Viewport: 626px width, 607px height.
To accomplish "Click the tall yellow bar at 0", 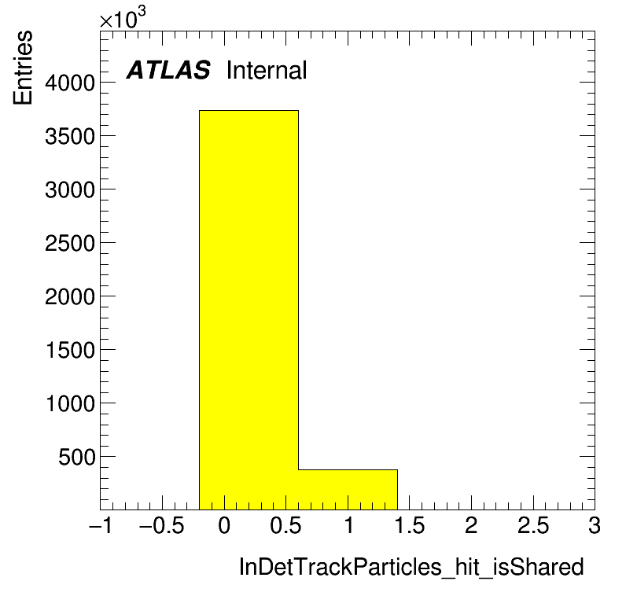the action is [249, 310].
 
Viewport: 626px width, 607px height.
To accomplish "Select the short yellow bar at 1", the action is [348, 490].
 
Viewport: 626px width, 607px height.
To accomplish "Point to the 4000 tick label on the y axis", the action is [70, 83].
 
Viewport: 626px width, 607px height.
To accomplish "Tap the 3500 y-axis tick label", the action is [70, 137].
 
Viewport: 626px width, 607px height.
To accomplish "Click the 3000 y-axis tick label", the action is [70, 190].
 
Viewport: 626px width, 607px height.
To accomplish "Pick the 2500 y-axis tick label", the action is [70, 243].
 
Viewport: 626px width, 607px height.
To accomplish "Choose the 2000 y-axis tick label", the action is [70, 296].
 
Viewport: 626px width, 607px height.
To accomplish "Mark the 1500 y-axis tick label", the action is [70, 350].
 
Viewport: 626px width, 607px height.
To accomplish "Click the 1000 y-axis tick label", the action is [70, 403].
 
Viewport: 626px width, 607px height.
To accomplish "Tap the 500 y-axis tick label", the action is [76, 457].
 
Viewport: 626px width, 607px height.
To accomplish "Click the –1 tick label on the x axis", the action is [101, 525].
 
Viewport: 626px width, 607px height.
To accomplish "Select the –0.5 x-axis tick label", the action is [162, 525].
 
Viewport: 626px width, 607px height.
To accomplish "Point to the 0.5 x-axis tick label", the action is [285, 525].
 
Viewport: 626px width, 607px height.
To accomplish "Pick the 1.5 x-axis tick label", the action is [410, 525].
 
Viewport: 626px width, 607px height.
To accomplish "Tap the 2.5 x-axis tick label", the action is [533, 525].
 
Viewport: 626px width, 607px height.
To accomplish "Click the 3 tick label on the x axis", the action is [595, 525].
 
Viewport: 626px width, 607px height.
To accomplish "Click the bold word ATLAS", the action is [168, 70].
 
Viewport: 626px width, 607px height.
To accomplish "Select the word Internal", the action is [267, 70].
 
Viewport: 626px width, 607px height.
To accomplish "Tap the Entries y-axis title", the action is [23, 68].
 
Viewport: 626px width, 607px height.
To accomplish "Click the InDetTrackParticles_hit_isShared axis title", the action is [411, 567].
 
